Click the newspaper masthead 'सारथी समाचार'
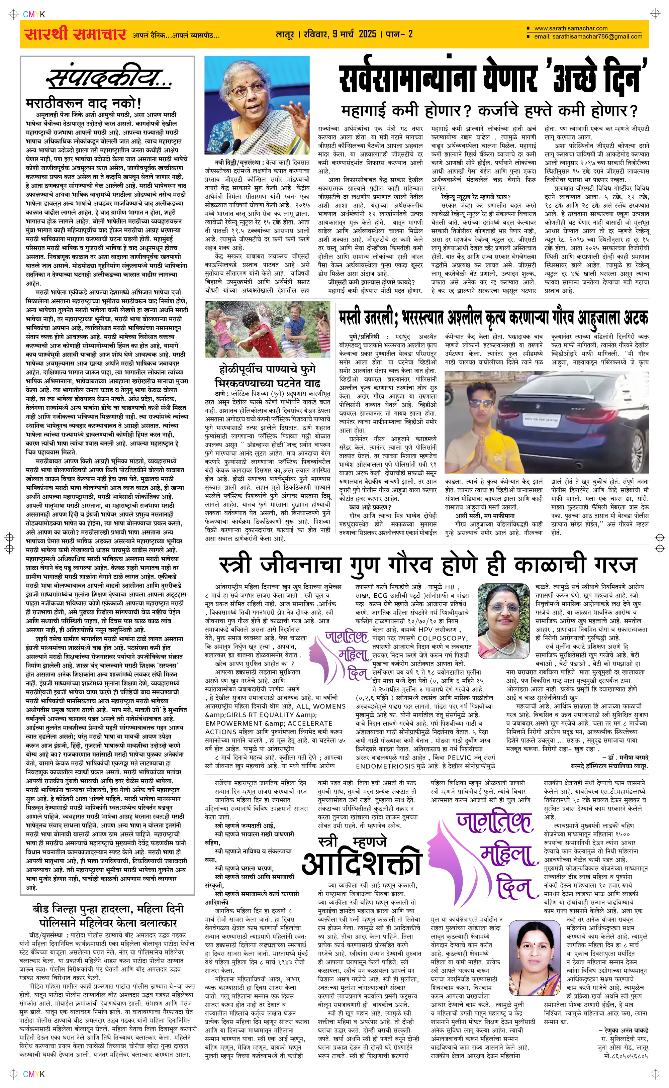[x=75, y=34]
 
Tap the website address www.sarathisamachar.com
[x=570, y=28]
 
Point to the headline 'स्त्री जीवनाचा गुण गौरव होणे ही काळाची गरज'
[x=427, y=565]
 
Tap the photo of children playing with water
[x=267, y=329]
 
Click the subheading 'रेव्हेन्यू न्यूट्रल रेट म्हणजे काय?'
[x=476, y=197]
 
